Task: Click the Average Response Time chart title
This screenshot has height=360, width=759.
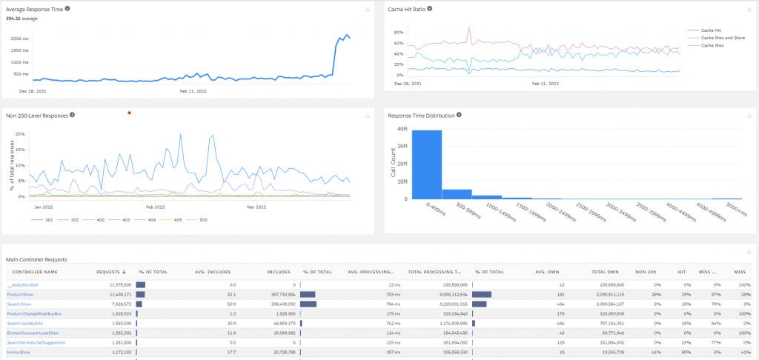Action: (x=34, y=9)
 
